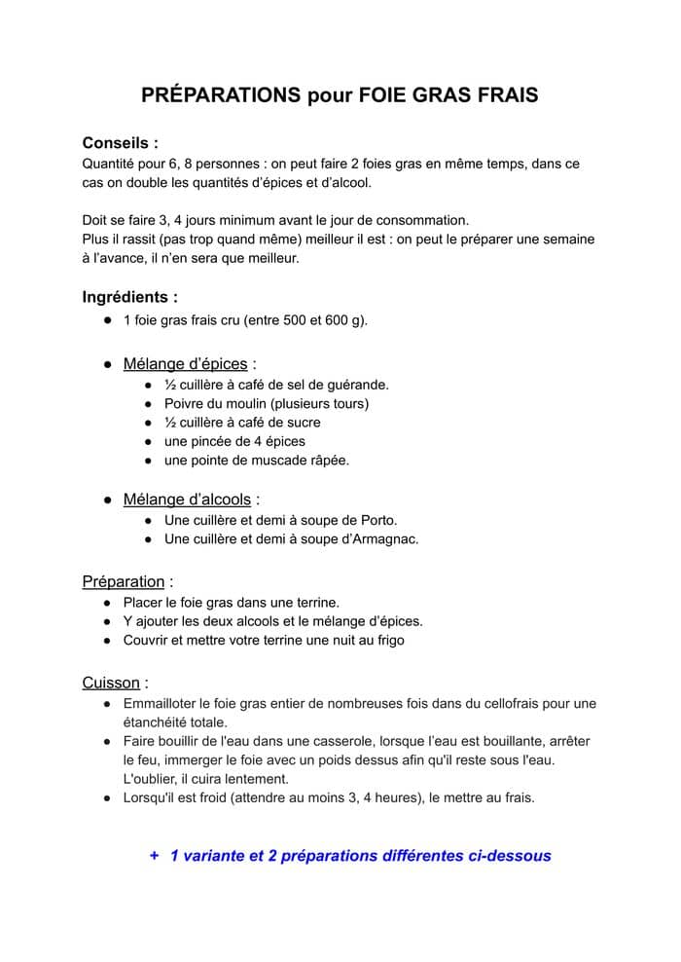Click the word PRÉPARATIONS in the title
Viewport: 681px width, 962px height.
point(221,95)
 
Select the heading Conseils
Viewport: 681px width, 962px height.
point(120,142)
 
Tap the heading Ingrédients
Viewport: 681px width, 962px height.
point(129,297)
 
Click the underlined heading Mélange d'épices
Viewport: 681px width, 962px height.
point(185,364)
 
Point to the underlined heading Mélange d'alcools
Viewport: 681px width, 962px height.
point(187,499)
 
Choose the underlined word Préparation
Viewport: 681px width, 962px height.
point(123,581)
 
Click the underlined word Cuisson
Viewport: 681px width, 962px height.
point(111,683)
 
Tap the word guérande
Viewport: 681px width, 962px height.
point(357,384)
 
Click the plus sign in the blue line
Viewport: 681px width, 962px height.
point(154,856)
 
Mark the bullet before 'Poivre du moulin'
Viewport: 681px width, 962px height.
point(147,403)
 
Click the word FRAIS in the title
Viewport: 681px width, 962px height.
point(504,95)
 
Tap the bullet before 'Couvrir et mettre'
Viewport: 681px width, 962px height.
point(106,640)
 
